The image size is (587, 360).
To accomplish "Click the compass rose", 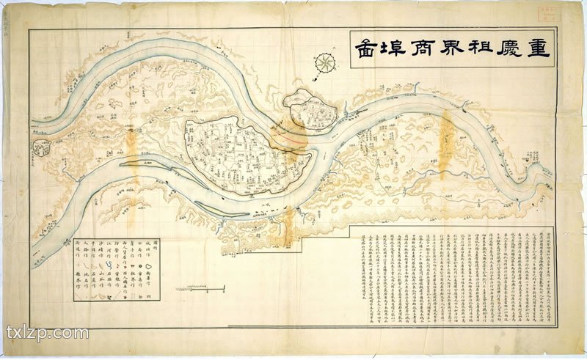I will point(323,64).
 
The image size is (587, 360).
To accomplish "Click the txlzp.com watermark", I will point(47,334).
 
